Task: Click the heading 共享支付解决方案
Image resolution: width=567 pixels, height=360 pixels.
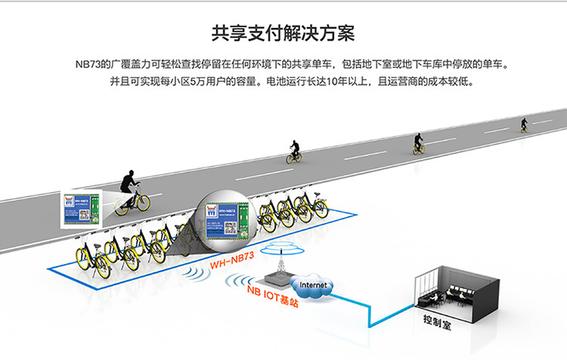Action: (283, 34)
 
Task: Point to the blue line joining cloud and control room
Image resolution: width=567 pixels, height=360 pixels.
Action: (370, 310)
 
